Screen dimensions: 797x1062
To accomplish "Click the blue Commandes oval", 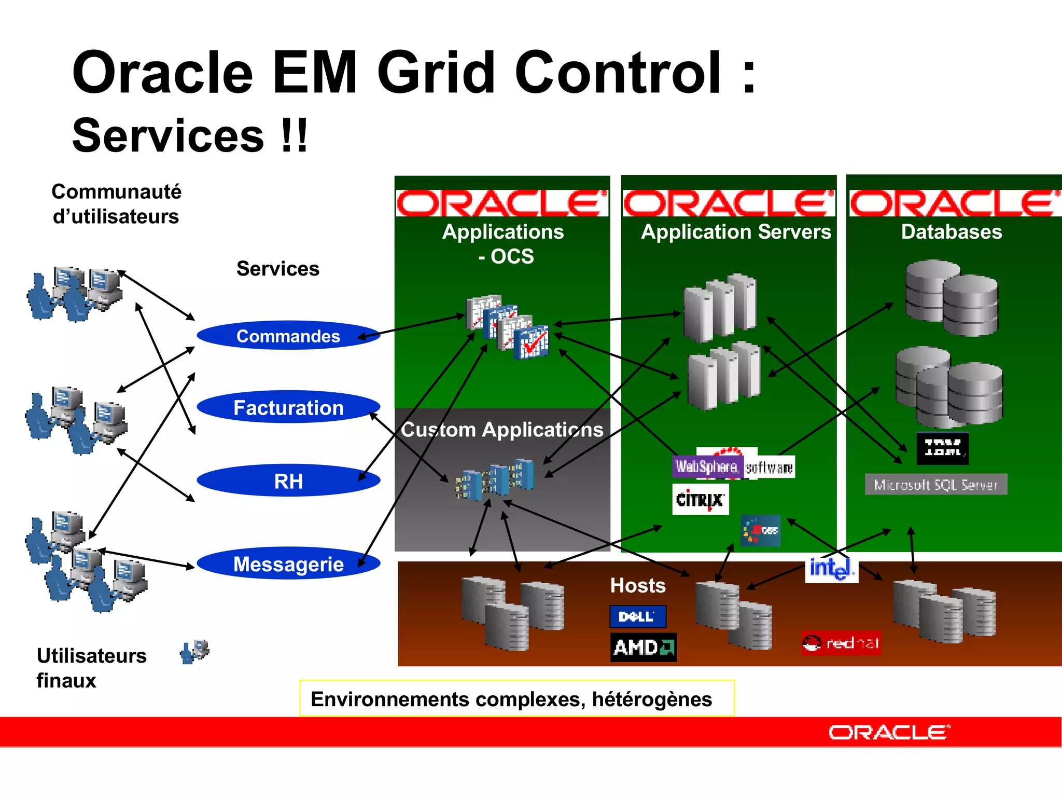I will (x=288, y=336).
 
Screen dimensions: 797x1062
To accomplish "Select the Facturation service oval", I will (x=288, y=407).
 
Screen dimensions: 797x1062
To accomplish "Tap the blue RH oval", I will (x=288, y=481).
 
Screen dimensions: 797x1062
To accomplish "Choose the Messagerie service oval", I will (x=288, y=564).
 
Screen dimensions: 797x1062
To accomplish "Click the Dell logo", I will (x=637, y=616).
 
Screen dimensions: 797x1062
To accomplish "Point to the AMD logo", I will (x=643, y=647).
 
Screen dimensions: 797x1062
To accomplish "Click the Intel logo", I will (x=831, y=568).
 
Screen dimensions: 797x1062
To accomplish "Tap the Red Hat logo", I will (x=841, y=643).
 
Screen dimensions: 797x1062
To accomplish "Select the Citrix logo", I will (x=700, y=499).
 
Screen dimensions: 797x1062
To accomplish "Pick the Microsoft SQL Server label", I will (x=936, y=485).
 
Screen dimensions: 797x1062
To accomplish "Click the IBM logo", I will (x=943, y=448).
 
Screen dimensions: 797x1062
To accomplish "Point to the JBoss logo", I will (x=760, y=530).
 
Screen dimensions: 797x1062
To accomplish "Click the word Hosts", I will (x=638, y=585).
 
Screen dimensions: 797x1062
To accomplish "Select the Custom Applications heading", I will (x=502, y=430).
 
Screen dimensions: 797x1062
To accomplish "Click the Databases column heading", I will (x=952, y=231).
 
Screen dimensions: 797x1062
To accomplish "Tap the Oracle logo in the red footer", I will (x=889, y=732).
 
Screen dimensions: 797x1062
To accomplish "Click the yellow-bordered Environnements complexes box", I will (x=517, y=698).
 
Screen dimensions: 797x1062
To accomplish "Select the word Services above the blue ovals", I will (x=278, y=269).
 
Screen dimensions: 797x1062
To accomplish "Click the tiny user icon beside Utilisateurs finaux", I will (x=194, y=652).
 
